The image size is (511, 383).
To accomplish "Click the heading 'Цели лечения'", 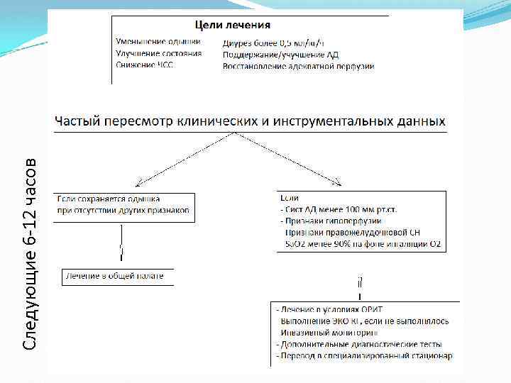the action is pyautogui.click(x=228, y=25).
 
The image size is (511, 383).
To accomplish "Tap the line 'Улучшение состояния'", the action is pyautogui.click(x=159, y=53).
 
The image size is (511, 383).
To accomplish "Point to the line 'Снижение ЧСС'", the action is pyautogui.click(x=145, y=65).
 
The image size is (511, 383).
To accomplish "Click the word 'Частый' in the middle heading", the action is pyautogui.click(x=81, y=121).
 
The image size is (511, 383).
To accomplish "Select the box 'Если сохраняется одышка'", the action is pyautogui.click(x=123, y=206).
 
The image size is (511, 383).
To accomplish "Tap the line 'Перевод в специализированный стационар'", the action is pyautogui.click(x=365, y=355).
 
